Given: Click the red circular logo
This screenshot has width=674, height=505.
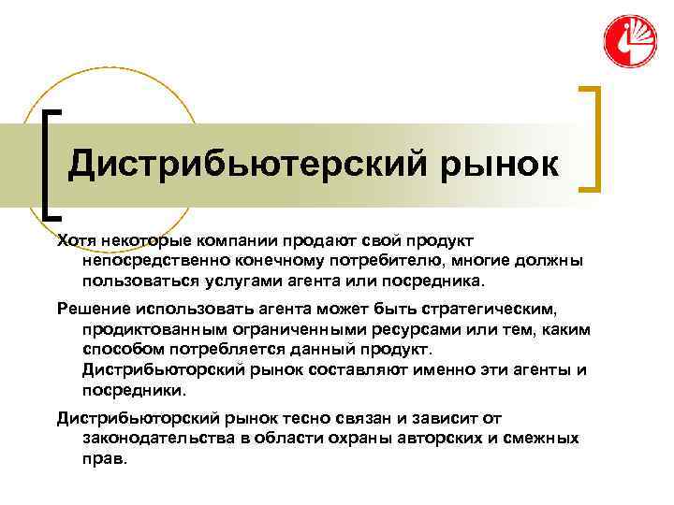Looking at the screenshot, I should pos(629,42).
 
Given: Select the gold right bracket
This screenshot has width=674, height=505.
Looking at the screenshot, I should pos(592,138).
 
